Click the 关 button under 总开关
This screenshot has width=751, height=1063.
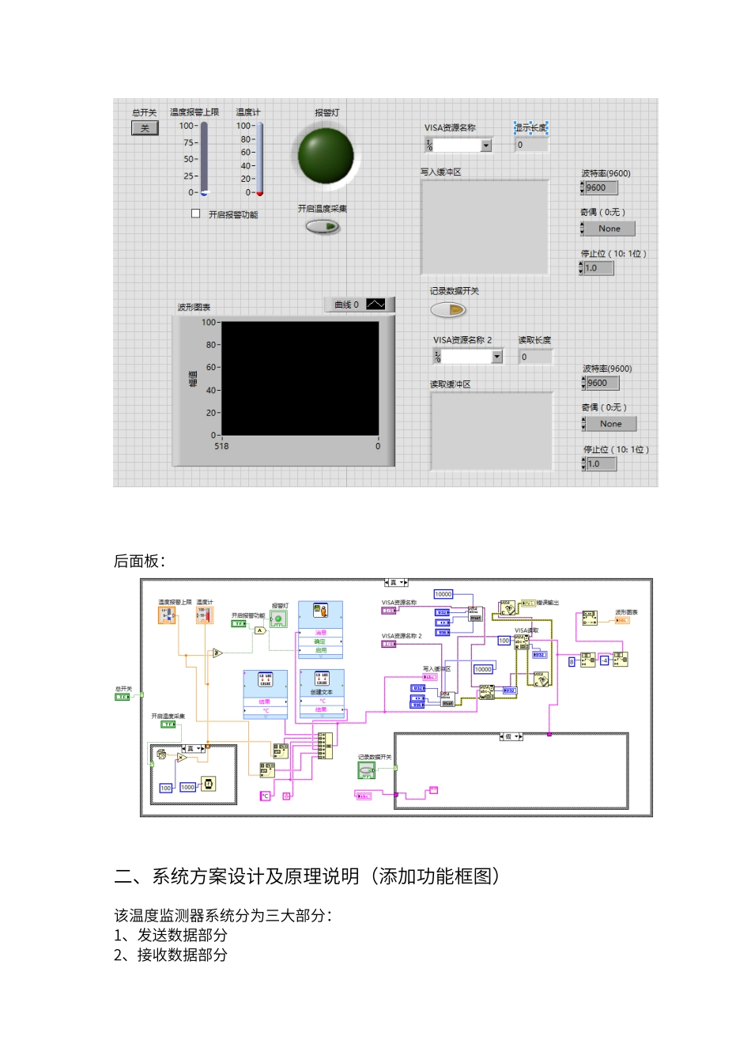tap(145, 128)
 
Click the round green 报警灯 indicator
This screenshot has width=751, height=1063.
tap(326, 155)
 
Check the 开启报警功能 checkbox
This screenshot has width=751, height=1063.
tap(196, 214)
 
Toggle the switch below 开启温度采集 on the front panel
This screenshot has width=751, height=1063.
tap(323, 227)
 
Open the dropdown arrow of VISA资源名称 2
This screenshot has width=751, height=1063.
tap(497, 357)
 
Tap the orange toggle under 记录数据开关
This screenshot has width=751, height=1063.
tap(448, 310)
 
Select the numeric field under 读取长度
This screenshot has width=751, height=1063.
tap(534, 357)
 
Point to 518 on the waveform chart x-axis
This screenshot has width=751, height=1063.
tap(221, 446)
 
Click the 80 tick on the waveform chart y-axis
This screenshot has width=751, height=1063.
tap(211, 345)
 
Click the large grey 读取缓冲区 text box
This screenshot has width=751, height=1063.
tap(491, 430)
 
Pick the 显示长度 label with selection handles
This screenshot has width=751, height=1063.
tap(531, 127)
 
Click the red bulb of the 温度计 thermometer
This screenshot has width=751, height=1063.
tap(259, 193)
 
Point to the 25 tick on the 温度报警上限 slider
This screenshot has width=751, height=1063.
tap(190, 176)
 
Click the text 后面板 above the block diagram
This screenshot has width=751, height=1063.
tap(138, 561)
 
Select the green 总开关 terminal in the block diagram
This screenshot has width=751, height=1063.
tap(123, 697)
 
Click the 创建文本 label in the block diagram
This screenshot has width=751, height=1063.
tap(322, 692)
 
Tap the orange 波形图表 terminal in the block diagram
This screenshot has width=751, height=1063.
tap(623, 620)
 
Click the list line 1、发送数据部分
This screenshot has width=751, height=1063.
tap(171, 935)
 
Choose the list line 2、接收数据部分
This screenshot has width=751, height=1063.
tap(171, 955)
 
